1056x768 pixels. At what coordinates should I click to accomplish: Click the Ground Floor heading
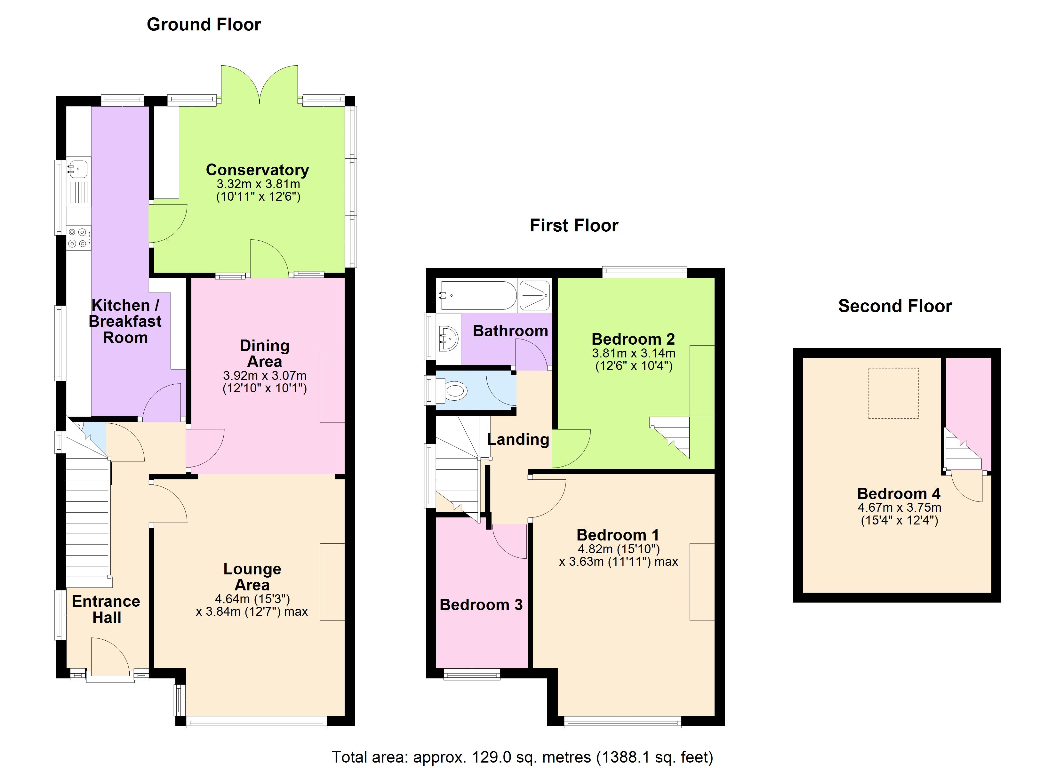204,24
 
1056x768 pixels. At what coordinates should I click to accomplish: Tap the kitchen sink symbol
78,169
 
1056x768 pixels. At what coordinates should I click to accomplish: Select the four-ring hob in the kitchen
78,237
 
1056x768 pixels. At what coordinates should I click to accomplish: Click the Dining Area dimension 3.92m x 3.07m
264,375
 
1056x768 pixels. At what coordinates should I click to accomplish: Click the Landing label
518,439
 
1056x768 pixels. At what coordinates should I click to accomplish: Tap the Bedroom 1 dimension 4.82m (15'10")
618,549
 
